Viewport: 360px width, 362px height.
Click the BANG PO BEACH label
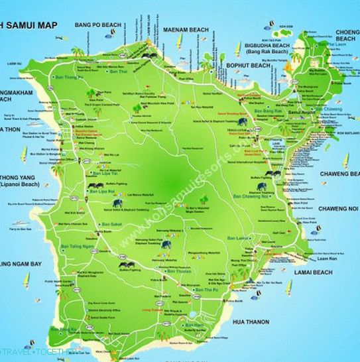point(98,25)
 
